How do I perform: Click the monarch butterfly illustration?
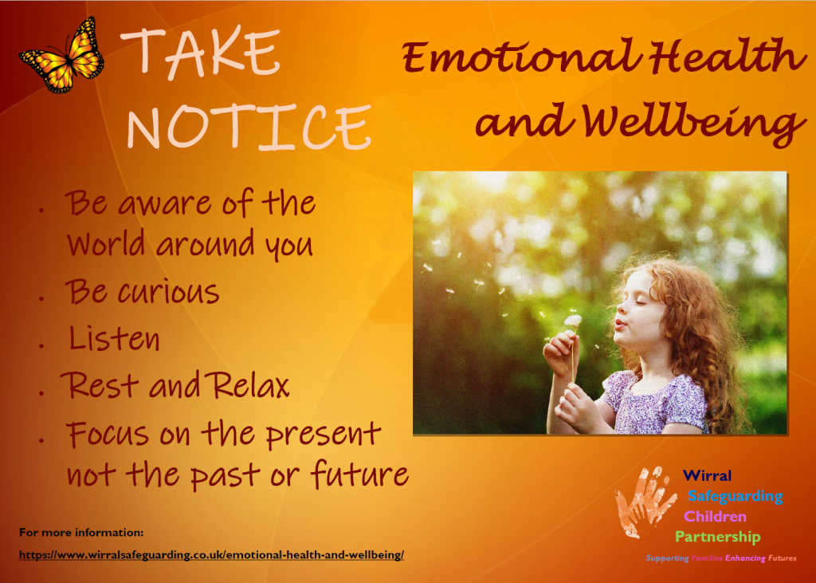62,56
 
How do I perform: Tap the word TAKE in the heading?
200,52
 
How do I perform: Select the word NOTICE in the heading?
249,127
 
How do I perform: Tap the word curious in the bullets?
169,292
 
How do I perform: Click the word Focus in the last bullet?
108,434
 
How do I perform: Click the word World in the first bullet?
106,242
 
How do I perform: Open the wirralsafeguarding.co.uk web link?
211,555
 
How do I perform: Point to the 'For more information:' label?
81,533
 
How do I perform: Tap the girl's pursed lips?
619,324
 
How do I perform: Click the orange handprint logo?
645,501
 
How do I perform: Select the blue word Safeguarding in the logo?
736,496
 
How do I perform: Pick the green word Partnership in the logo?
718,537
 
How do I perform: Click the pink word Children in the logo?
715,516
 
